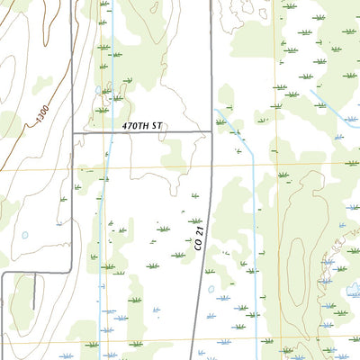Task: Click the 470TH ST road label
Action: (x=143, y=127)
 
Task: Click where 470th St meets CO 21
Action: (x=211, y=133)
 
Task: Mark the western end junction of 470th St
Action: (x=72, y=133)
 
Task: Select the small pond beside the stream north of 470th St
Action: (x=98, y=91)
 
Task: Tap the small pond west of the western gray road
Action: (x=24, y=236)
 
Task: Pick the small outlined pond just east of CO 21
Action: (x=211, y=290)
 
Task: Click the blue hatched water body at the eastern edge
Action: (x=351, y=291)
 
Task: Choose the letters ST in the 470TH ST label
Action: (x=157, y=127)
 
